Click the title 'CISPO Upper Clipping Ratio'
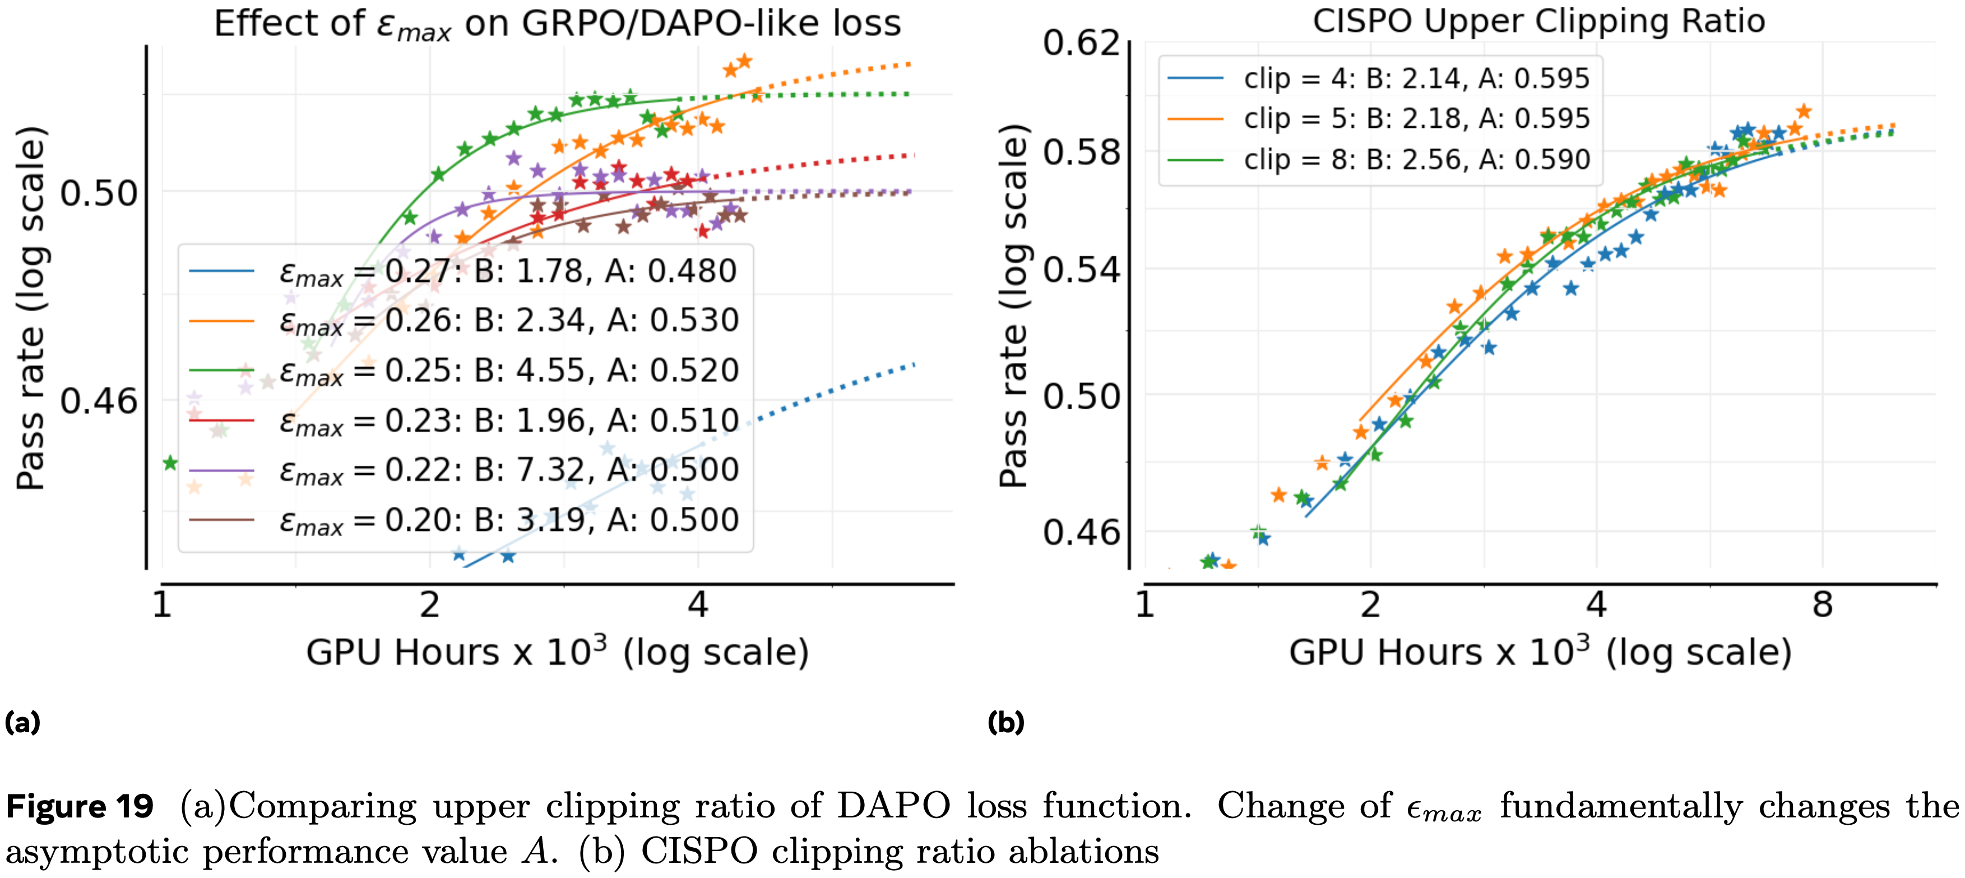(1538, 21)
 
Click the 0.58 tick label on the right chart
(1081, 152)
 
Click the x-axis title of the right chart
(1540, 653)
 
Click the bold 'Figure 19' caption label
(80, 806)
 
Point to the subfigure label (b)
(1005, 722)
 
